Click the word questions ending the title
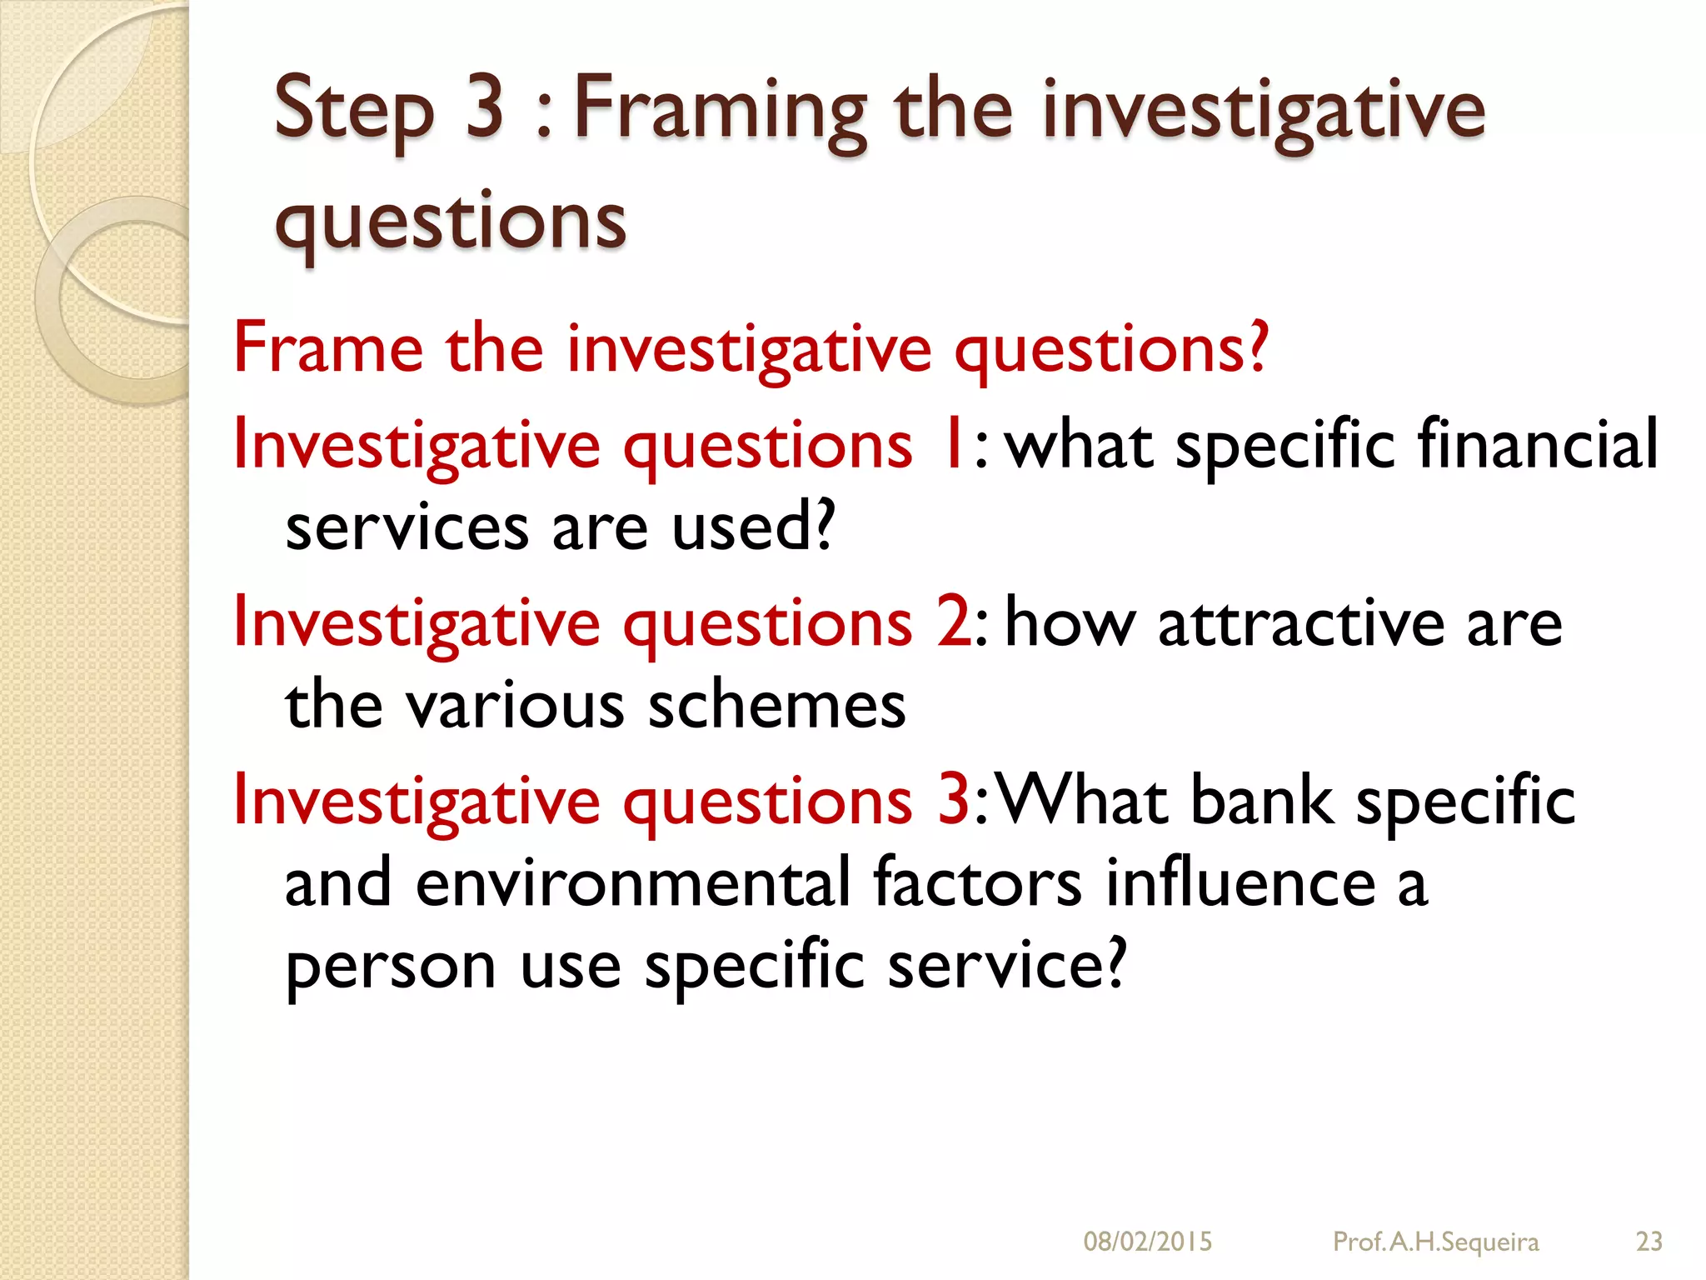(x=450, y=221)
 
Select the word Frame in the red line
(x=328, y=347)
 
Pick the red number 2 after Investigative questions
(x=952, y=622)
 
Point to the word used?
(x=753, y=527)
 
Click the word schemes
(x=776, y=706)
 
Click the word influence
(x=1240, y=882)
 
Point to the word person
(x=390, y=967)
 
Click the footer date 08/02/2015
(x=1147, y=1242)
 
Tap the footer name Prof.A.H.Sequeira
(x=1435, y=1242)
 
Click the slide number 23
(x=1649, y=1242)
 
